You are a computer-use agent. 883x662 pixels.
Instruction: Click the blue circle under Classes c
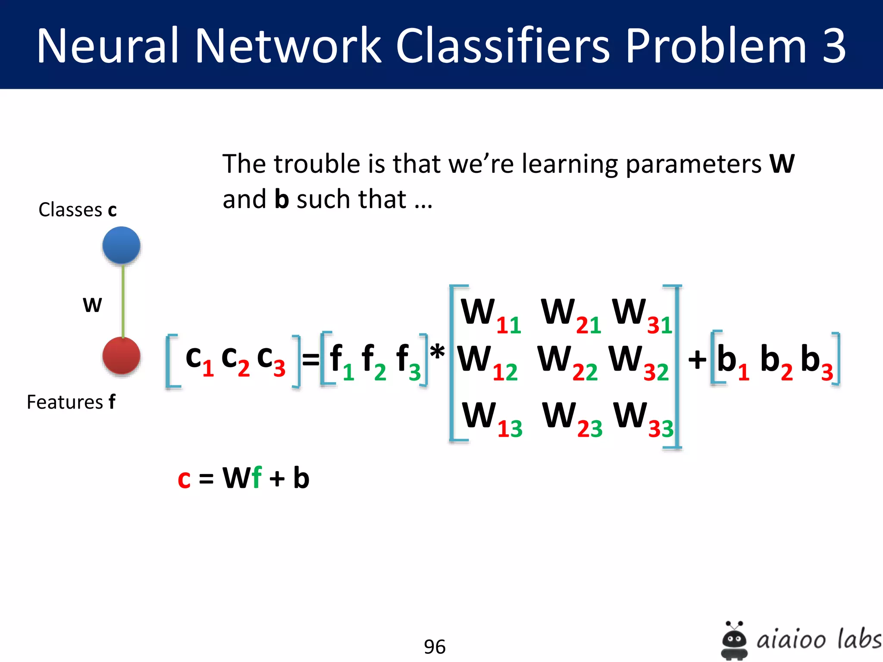coord(121,245)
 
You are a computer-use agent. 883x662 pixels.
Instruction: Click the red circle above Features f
coord(121,356)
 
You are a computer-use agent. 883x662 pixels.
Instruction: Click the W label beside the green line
coord(92,305)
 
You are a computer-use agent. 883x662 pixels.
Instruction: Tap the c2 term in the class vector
coord(235,360)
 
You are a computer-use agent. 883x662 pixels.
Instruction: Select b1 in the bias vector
coord(733,362)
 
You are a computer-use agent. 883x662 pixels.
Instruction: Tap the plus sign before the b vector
coord(697,359)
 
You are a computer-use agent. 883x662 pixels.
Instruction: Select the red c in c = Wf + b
coord(184,479)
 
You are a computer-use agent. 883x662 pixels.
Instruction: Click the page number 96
coord(434,646)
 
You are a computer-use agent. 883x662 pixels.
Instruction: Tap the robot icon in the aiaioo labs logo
coord(734,640)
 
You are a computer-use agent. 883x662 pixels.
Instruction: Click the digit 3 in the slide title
coord(834,46)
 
